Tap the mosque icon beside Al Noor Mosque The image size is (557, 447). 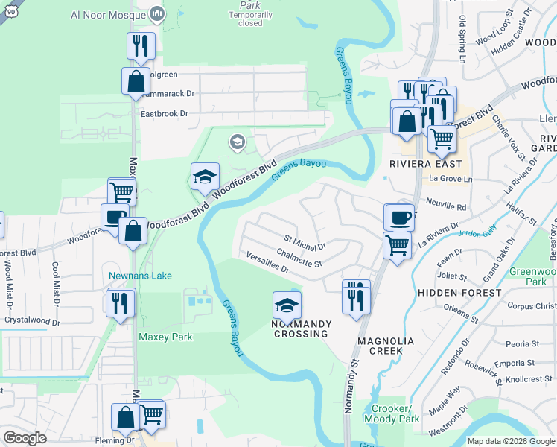157,13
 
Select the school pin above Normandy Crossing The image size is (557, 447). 287,305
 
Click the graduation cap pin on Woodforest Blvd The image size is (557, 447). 206,177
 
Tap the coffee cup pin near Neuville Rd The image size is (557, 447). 400,218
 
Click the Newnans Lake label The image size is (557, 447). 141,276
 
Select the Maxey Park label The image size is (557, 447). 165,337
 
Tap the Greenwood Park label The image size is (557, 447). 533,276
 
